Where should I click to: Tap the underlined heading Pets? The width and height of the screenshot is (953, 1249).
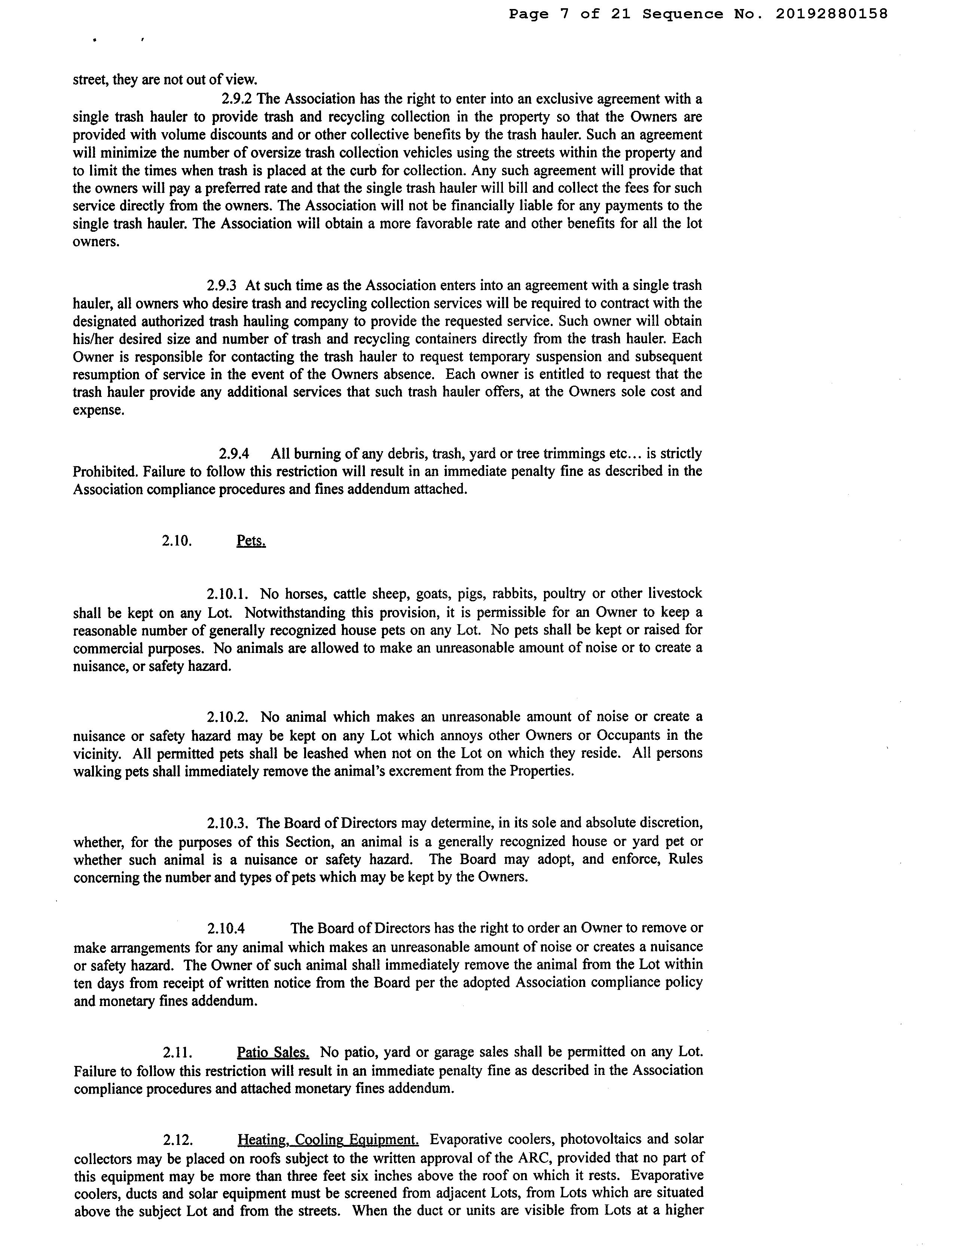point(251,541)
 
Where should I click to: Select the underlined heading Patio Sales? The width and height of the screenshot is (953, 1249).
point(273,1052)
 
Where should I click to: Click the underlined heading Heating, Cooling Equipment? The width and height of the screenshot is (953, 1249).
point(328,1139)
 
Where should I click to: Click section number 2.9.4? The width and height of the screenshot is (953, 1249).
point(234,454)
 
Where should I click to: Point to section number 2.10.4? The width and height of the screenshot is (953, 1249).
point(226,929)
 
